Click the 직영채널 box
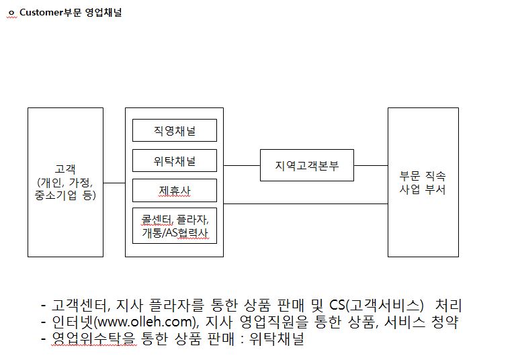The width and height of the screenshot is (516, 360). pyautogui.click(x=175, y=130)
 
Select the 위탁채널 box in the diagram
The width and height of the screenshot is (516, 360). pyautogui.click(x=175, y=161)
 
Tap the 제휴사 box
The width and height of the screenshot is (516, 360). pyautogui.click(x=175, y=191)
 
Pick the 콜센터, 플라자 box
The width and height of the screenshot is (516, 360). pyautogui.click(x=175, y=226)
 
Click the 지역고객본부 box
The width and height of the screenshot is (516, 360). pyautogui.click(x=306, y=165)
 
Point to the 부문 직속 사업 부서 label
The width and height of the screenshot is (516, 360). pyautogui.click(x=423, y=183)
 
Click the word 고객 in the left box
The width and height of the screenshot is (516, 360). pyautogui.click(x=65, y=169)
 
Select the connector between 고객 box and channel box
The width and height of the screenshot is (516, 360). pyautogui.click(x=114, y=183)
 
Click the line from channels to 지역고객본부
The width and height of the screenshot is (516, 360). pyautogui.click(x=242, y=165)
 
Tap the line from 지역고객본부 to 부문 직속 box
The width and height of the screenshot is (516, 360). pyautogui.click(x=371, y=165)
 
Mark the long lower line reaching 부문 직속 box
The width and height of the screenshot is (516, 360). pyautogui.click(x=306, y=204)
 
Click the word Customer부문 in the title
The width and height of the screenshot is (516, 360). pyautogui.click(x=50, y=13)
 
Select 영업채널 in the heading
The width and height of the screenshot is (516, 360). pyautogui.click(x=103, y=13)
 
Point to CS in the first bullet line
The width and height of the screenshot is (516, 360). pyautogui.click(x=337, y=305)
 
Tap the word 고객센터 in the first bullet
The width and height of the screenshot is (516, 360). pyautogui.click(x=79, y=305)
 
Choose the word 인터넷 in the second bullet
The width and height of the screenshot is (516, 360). pyautogui.click(x=73, y=322)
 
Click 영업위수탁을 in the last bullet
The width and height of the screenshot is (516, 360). pyautogui.click(x=93, y=339)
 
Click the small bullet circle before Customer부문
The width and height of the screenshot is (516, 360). pyautogui.click(x=11, y=13)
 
